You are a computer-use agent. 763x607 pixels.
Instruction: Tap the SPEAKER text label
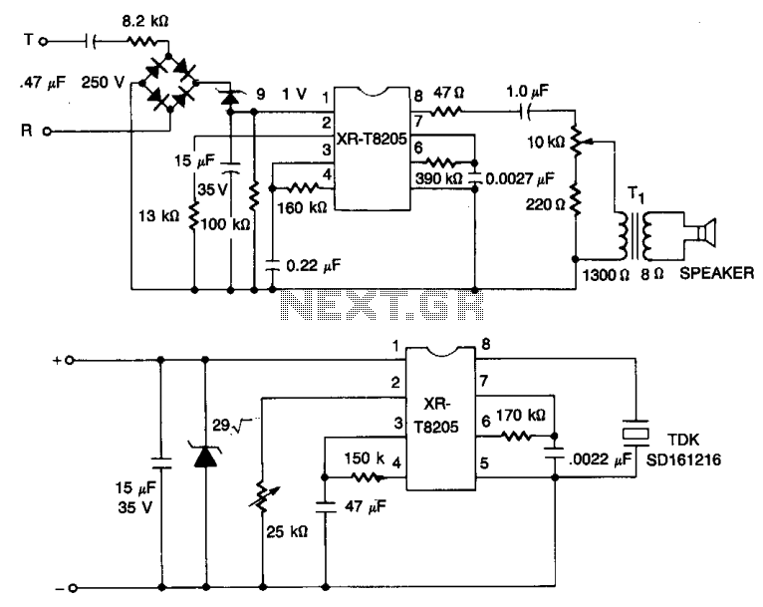716,273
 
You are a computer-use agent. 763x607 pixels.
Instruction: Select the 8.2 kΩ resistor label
145,21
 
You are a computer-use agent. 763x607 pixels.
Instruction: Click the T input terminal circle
43,42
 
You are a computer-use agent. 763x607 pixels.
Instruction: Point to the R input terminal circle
47,131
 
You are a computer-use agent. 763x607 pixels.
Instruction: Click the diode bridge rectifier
169,84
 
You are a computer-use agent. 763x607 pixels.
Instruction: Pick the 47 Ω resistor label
448,93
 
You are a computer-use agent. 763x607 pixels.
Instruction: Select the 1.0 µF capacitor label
528,91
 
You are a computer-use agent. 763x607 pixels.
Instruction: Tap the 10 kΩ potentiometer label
546,143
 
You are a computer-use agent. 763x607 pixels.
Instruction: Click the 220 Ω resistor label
545,204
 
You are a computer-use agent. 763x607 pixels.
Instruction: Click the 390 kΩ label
438,178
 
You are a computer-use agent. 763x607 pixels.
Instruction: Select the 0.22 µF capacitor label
314,265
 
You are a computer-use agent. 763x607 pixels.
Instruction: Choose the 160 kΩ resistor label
302,208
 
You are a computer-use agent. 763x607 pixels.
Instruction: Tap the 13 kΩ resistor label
158,215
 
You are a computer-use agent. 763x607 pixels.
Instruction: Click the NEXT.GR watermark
382,305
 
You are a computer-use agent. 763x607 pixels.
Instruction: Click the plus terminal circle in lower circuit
69,360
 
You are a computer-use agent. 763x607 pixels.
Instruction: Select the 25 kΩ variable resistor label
287,531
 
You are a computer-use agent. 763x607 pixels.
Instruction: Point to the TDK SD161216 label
683,450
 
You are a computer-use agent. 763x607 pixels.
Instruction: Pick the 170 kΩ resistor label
520,416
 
